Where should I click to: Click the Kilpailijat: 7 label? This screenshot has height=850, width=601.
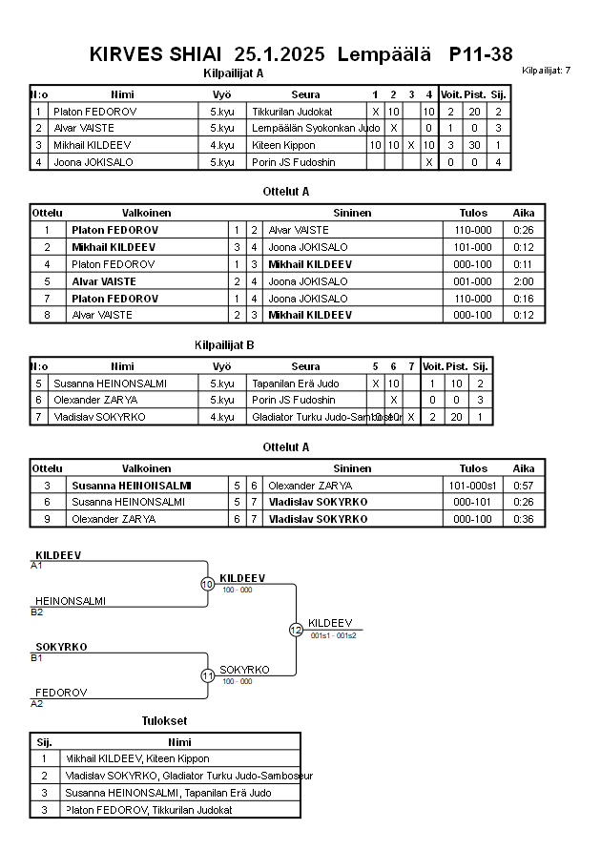[547, 71]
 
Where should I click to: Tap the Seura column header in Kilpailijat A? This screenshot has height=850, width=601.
[305, 94]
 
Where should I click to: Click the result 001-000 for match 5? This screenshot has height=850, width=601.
[473, 281]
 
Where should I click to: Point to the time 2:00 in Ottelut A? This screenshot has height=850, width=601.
[523, 281]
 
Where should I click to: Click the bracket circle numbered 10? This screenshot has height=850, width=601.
[207, 584]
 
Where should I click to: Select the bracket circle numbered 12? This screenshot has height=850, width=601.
[296, 630]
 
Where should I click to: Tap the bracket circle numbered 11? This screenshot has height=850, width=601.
[207, 675]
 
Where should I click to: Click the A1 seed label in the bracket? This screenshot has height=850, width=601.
[37, 566]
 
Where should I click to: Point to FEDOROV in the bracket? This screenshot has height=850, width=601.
[62, 693]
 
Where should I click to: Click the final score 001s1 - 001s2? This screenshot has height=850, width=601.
[333, 635]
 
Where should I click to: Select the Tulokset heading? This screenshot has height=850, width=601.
[164, 721]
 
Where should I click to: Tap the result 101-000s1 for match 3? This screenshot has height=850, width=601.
[473, 486]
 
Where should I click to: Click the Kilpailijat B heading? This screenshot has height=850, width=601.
[223, 345]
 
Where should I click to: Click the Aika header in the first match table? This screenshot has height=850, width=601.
[524, 213]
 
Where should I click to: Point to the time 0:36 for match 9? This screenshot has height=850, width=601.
[523, 519]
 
